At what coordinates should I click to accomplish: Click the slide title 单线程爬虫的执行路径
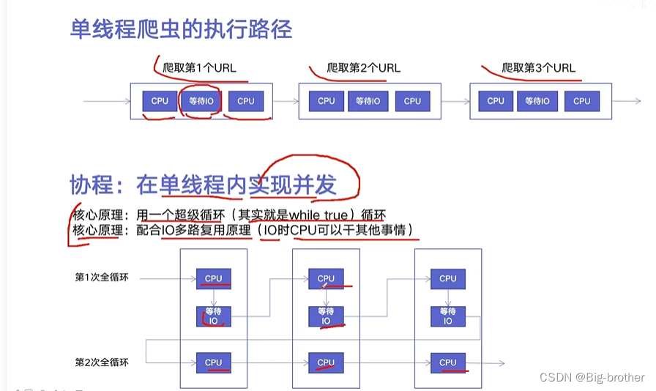[181, 29]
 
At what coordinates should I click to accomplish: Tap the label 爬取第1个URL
[200, 68]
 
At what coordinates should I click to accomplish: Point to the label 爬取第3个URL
[538, 68]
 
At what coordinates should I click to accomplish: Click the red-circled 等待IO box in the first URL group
[201, 101]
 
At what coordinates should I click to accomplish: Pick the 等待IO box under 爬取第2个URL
[368, 101]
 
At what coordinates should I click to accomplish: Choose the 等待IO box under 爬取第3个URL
[538, 101]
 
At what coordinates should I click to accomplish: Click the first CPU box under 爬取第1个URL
[160, 101]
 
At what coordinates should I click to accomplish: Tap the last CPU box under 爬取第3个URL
[581, 101]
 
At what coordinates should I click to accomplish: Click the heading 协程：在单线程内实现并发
[203, 185]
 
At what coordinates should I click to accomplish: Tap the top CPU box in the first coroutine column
[213, 278]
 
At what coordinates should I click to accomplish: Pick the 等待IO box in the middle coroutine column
[326, 316]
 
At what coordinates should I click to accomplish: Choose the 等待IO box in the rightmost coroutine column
[447, 316]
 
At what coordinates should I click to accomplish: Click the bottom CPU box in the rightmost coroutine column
[447, 362]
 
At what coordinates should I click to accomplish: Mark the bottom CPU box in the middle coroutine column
[326, 362]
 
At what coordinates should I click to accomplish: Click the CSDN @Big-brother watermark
[592, 377]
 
